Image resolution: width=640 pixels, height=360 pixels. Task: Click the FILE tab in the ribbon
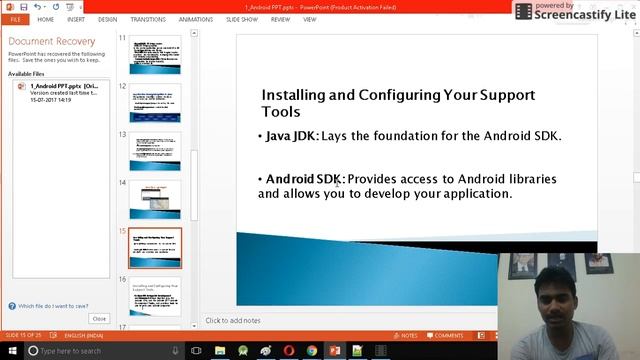pos(16,19)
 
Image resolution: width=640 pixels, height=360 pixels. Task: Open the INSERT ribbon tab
pos(76,19)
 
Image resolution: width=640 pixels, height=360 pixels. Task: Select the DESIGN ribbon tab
pos(107,19)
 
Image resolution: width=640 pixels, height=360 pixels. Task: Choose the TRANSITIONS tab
pos(148,19)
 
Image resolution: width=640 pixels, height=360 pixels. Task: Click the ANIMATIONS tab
pos(197,19)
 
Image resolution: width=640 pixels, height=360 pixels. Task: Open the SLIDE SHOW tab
pos(243,19)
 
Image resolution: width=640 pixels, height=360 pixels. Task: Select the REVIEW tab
pos(280,19)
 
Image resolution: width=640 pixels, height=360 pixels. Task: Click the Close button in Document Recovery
pos(99,318)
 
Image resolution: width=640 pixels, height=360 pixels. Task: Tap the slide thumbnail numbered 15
pos(155,247)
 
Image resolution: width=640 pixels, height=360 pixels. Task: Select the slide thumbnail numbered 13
pos(155,151)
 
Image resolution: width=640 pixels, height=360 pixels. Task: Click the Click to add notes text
pos(233,321)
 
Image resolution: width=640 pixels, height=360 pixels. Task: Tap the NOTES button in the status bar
pos(405,335)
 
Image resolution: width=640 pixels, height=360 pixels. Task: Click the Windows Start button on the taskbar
pos(9,351)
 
